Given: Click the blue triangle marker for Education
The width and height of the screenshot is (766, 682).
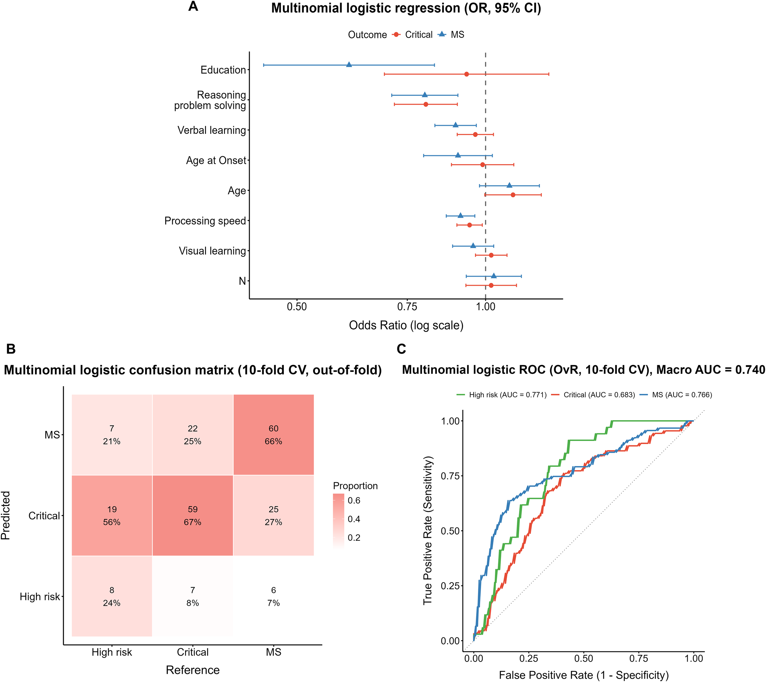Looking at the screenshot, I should coord(349,65).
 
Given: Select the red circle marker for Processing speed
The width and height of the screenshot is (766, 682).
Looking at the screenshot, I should coord(469,225).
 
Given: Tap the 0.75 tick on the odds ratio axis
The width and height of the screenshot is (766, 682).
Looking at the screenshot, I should coord(407,307).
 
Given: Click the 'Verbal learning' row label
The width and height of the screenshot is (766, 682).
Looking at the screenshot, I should coord(211,130).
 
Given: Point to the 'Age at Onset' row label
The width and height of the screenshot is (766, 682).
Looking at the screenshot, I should coord(216,161).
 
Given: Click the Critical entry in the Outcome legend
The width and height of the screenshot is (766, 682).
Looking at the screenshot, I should coord(419,35).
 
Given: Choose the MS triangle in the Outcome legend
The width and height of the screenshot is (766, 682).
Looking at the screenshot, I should coord(442,35).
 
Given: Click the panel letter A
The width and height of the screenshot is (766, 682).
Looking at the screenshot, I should coord(193,6).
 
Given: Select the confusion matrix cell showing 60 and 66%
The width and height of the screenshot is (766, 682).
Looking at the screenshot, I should coord(273,435).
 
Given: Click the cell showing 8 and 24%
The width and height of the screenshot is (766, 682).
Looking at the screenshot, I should coord(112,596).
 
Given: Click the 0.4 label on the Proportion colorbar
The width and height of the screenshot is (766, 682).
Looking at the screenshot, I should coord(354,519).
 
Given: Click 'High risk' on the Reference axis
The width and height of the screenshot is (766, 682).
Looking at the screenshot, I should coord(112,652).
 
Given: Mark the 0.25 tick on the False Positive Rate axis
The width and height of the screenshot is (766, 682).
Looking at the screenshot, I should coord(529,658).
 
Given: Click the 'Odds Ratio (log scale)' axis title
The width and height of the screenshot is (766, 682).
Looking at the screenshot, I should coord(406,325).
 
